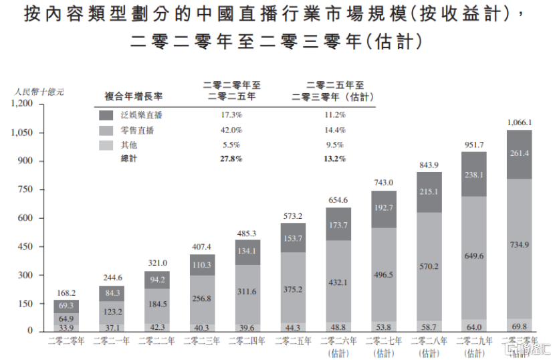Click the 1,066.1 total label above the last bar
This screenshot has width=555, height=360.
pos(520,122)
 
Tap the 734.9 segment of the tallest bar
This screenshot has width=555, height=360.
pos(519,246)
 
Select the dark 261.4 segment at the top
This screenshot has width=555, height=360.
pos(519,154)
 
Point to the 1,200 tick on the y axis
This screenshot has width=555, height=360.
pos(21,104)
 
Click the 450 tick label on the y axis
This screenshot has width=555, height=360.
pos(25,246)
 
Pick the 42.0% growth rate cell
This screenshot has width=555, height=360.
pos(231,130)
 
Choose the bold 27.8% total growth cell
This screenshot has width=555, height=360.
pos(231,159)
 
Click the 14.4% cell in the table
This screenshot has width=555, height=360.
pos(334,130)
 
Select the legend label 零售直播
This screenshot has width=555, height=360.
pos(138,130)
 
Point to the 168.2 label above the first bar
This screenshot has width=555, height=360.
pos(66,292)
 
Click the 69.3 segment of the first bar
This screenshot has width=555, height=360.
pos(66,306)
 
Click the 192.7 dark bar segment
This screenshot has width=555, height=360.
pos(383,208)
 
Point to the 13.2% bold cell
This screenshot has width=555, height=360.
pos(334,159)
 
